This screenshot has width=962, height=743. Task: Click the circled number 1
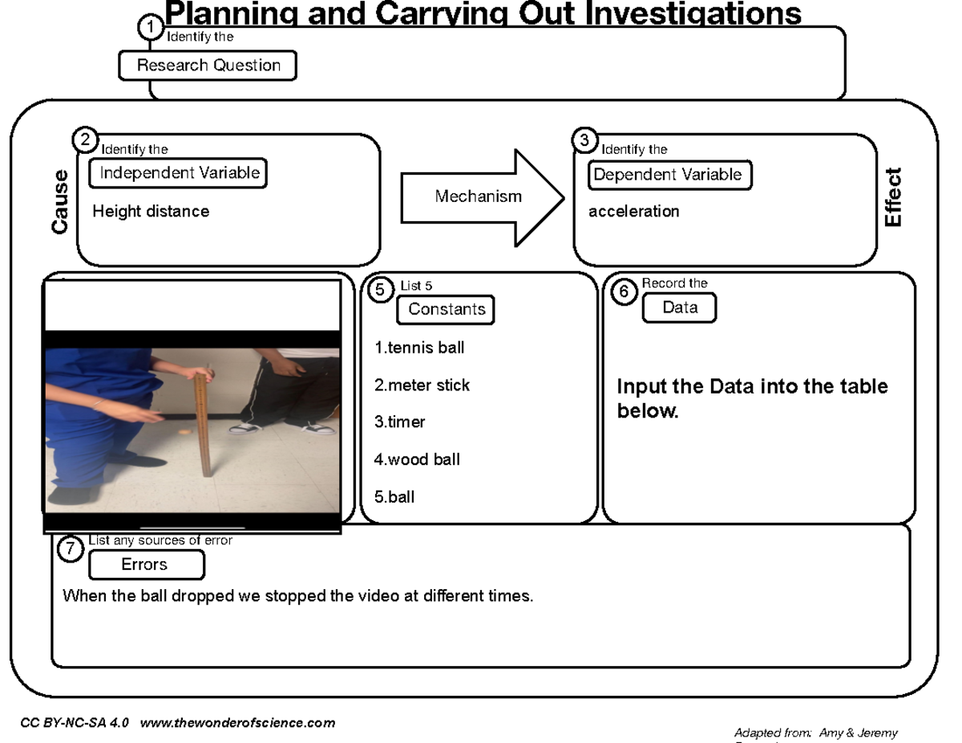pos(149,28)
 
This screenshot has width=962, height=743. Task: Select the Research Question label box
pos(208,66)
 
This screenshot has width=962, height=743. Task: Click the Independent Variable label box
pos(178,172)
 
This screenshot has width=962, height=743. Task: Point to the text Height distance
pos(151,212)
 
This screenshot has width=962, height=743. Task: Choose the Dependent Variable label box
pos(670,175)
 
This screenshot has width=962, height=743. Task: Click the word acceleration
pos(633,212)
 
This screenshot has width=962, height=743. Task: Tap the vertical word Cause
pos(60,202)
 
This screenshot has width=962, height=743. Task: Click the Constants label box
pos(447,309)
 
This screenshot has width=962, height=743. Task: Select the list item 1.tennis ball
pos(419,349)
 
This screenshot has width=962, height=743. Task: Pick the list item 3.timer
pos(399,422)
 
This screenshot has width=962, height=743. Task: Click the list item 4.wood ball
pos(417,460)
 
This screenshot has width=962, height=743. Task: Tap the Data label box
pos(680,308)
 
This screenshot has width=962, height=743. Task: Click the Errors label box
pos(145,565)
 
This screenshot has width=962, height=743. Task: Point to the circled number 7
pos(72,549)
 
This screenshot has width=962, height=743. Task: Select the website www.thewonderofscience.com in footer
pos(237,723)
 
